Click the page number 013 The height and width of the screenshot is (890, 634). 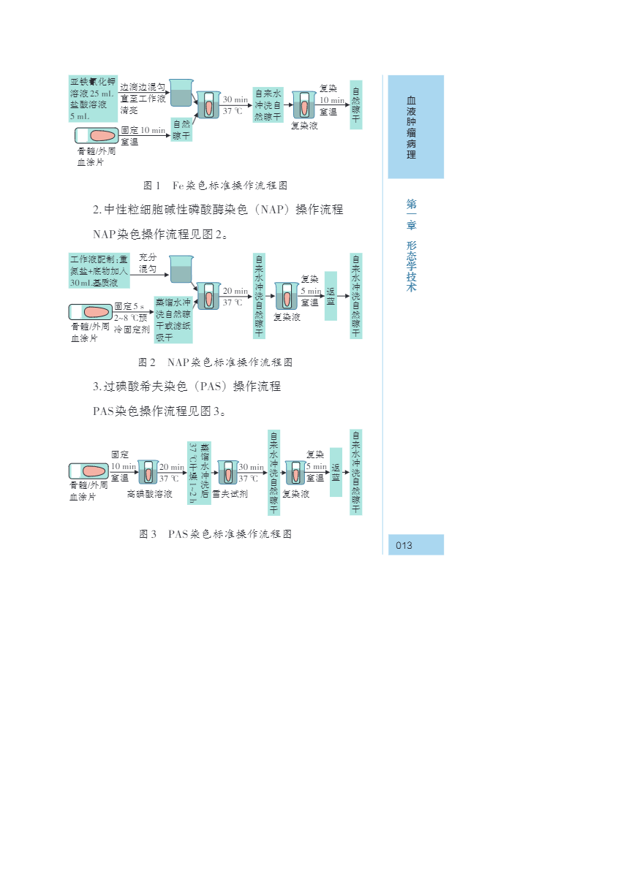coord(404,545)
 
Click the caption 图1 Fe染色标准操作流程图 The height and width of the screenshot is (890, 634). coord(215,186)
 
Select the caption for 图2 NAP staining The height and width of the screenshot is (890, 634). coord(215,362)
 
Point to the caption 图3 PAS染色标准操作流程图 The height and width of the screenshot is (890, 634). coord(215,534)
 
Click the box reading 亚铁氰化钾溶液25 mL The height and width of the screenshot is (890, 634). coord(93,98)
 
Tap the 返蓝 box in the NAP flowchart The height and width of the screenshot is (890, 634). coord(331,296)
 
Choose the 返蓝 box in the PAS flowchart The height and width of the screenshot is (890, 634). coord(336,472)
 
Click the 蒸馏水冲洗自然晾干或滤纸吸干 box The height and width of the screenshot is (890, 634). coord(173,319)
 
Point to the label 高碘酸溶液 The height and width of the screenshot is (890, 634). coord(149,495)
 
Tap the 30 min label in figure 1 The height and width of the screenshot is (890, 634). coord(235,99)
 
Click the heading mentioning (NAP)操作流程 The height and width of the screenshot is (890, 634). coord(218,210)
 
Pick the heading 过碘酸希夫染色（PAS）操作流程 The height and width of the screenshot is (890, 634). coord(186,386)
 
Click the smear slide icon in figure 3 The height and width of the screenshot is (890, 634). coord(88,472)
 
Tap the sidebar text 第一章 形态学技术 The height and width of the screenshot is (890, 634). coord(412,246)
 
